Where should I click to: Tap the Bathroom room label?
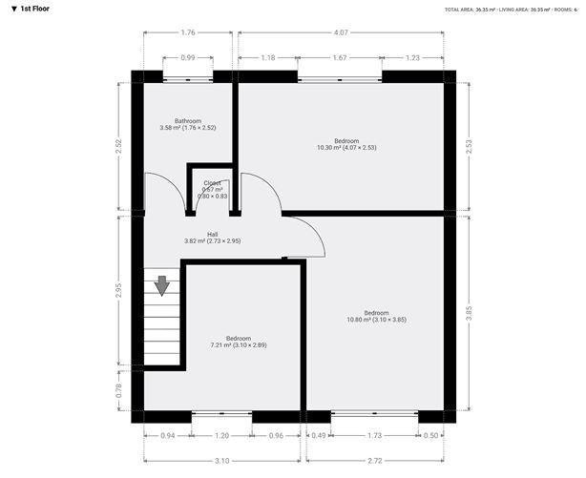point(187,124)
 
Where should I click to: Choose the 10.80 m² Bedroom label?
point(376,316)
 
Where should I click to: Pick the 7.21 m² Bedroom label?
point(239,342)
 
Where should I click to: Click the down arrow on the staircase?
point(161,284)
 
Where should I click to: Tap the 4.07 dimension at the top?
point(341,33)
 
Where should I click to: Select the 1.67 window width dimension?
point(341,58)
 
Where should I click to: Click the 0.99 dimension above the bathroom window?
point(188,58)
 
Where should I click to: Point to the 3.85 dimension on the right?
point(470,312)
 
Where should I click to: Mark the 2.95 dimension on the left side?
point(118,290)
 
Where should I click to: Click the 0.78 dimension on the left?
point(118,389)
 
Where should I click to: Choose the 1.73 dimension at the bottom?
point(374,435)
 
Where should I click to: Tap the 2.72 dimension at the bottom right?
point(374,460)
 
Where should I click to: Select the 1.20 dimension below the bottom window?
point(222,435)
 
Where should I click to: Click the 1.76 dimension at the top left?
point(188,33)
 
